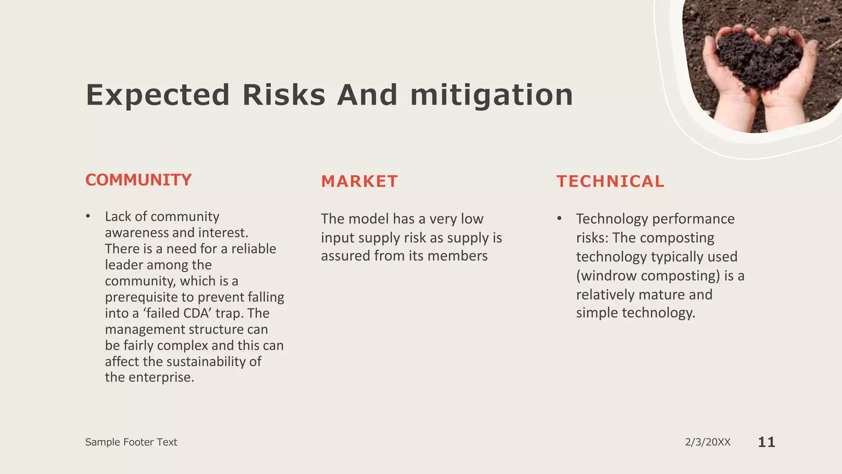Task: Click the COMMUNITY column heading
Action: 138,180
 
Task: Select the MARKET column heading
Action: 359,181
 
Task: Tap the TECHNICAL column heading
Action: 610,181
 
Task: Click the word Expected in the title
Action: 157,95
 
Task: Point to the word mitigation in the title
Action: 491,95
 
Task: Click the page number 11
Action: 766,442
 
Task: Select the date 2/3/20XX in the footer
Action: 708,442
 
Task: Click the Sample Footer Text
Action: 131,442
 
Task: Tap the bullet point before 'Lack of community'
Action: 88,217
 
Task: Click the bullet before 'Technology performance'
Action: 559,219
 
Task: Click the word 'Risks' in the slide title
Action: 284,95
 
